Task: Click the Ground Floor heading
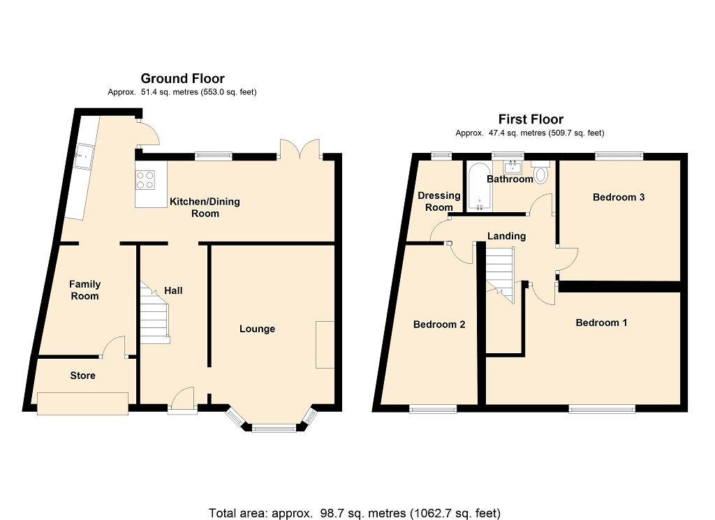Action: pyautogui.click(x=182, y=78)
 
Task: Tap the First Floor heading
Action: pyautogui.click(x=531, y=119)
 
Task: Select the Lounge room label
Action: pyautogui.click(x=257, y=329)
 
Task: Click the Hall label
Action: pyautogui.click(x=173, y=290)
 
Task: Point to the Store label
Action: pyautogui.click(x=82, y=376)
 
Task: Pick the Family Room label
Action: pyautogui.click(x=84, y=290)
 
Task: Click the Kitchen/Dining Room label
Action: pyautogui.click(x=205, y=207)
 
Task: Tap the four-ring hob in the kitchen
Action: pyautogui.click(x=145, y=179)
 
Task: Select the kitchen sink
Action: pyautogui.click(x=84, y=156)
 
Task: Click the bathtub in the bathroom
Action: pyautogui.click(x=480, y=186)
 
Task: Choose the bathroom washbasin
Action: pyautogui.click(x=513, y=167)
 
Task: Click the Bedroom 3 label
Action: pyautogui.click(x=619, y=198)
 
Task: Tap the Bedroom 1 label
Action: pyautogui.click(x=601, y=322)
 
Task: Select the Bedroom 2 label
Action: pyautogui.click(x=439, y=325)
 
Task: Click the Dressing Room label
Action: pyautogui.click(x=439, y=202)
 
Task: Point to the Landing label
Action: pyautogui.click(x=507, y=236)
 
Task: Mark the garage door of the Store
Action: pyautogui.click(x=82, y=404)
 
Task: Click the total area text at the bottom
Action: pyautogui.click(x=354, y=514)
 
